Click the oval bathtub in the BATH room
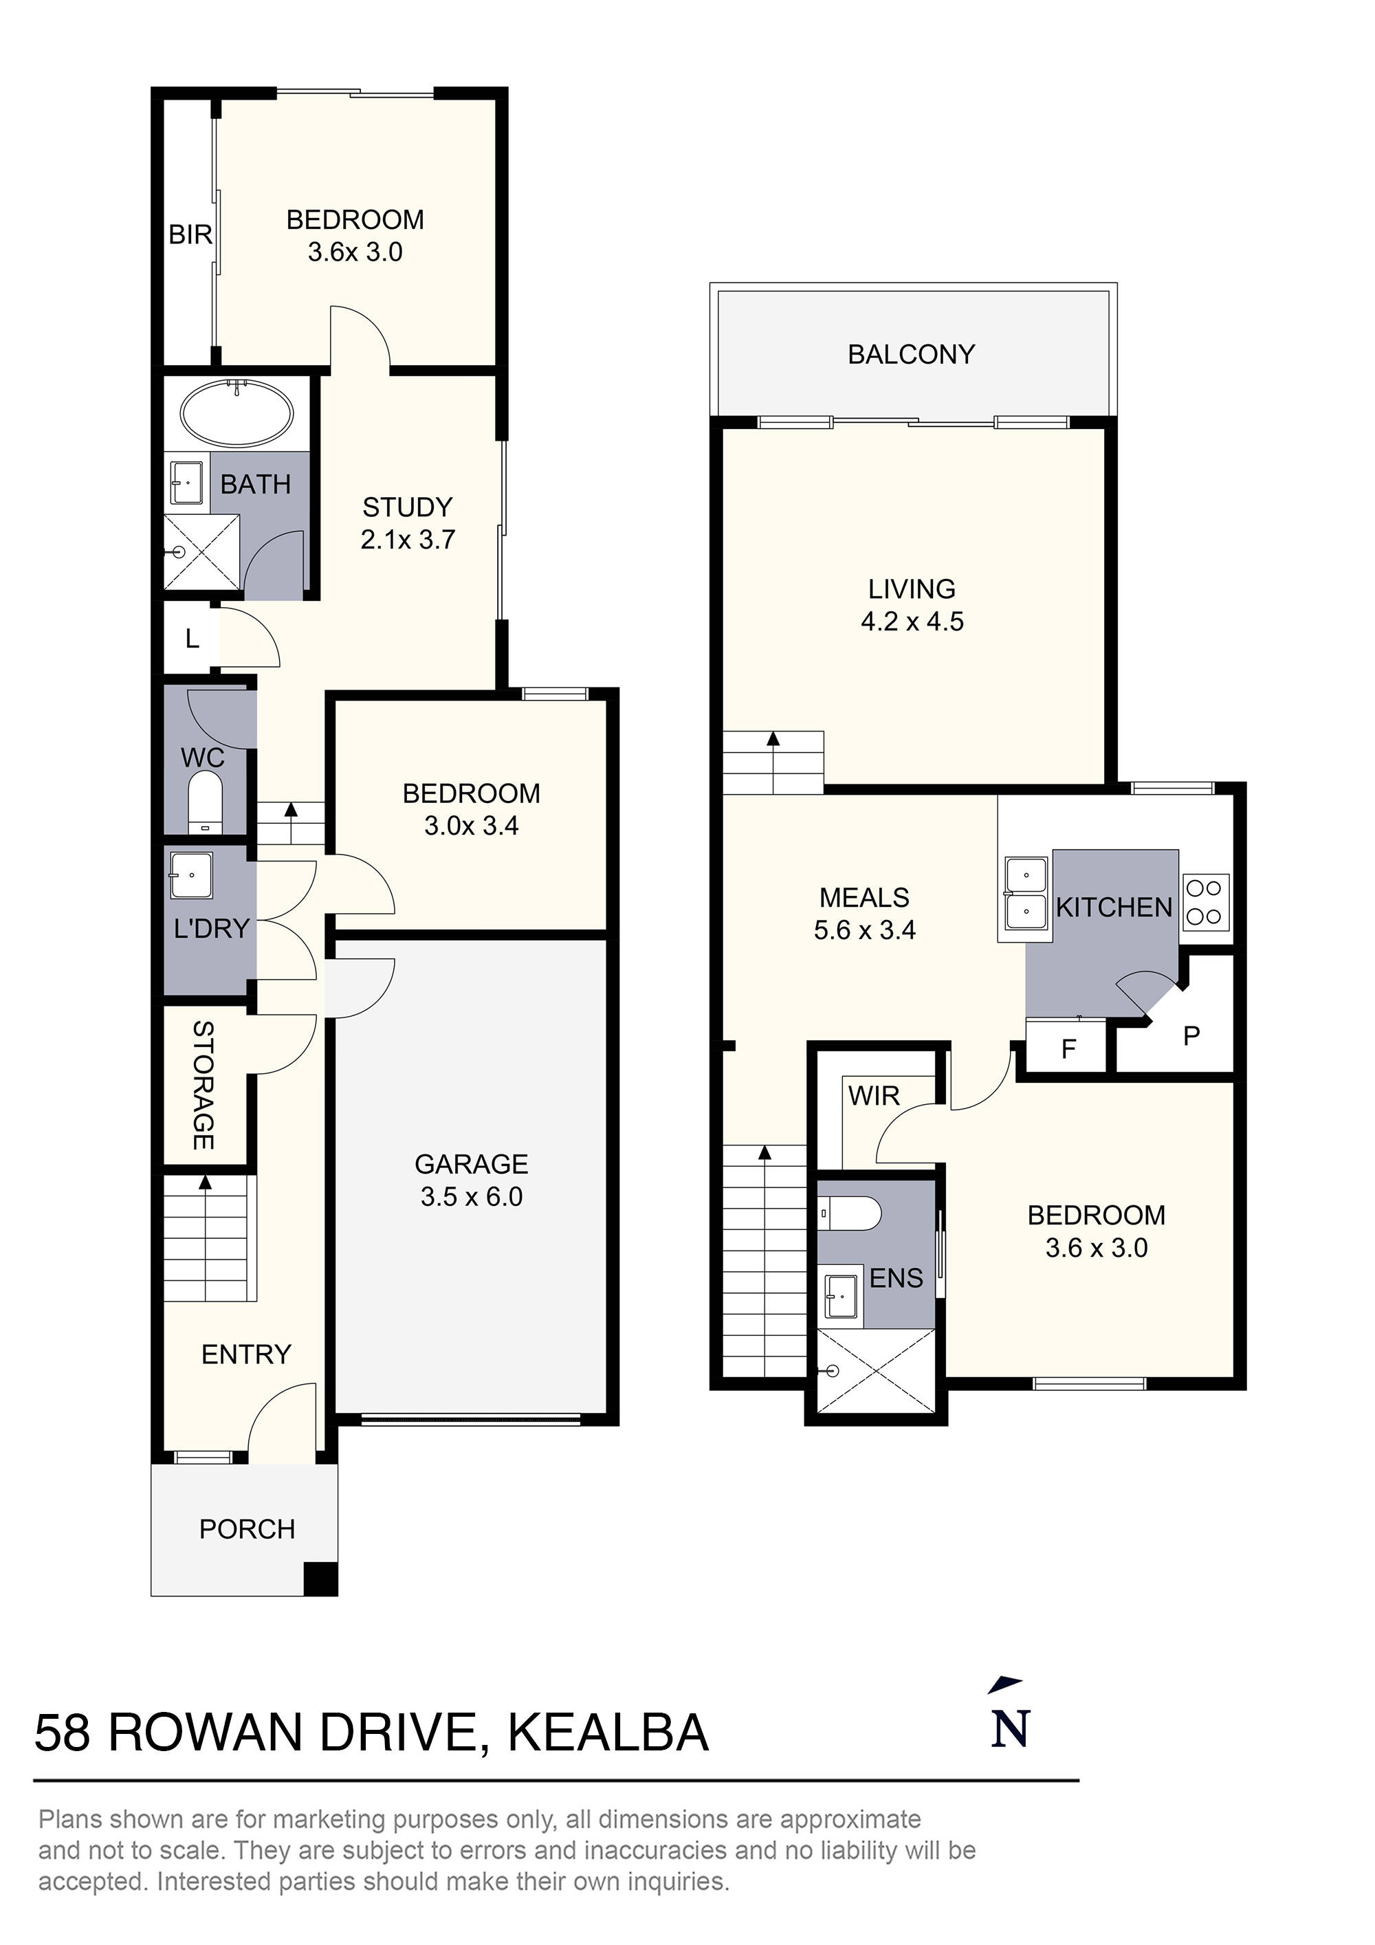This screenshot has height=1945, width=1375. coord(236,413)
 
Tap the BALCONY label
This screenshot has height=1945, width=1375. coord(911,354)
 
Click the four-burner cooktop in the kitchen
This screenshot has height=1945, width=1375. coord(1204,902)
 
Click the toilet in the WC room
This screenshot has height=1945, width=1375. coord(204,800)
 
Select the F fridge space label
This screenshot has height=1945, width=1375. coord(1068,1050)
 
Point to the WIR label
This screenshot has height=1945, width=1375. coord(873,1095)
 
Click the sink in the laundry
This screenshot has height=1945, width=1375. coord(190,875)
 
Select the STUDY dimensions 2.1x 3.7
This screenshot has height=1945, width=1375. coord(408,539)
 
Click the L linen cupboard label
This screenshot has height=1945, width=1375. coord(192,638)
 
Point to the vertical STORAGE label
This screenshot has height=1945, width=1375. coord(203,1084)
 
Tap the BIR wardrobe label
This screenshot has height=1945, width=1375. coord(190,234)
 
